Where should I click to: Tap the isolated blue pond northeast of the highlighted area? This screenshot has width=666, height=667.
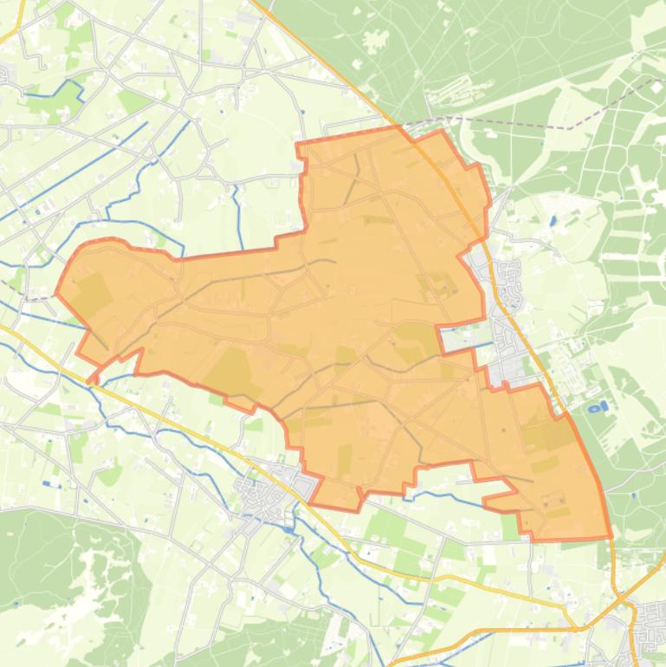click(553, 220)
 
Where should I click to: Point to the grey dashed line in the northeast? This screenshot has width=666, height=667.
click(520, 123)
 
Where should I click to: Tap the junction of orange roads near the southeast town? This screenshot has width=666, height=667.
click(617, 598)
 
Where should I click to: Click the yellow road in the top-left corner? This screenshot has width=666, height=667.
click(12, 35)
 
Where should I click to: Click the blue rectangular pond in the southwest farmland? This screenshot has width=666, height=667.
click(48, 484)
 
